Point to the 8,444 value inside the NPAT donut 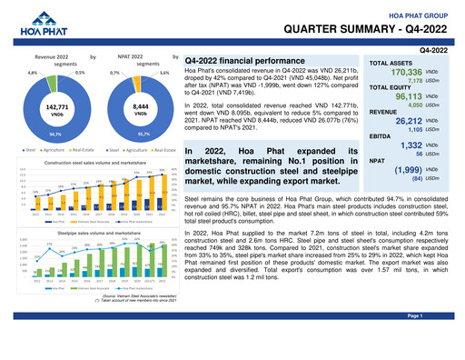point(134,107)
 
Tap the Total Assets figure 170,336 point(405,72)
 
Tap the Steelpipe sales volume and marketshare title point(90,233)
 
